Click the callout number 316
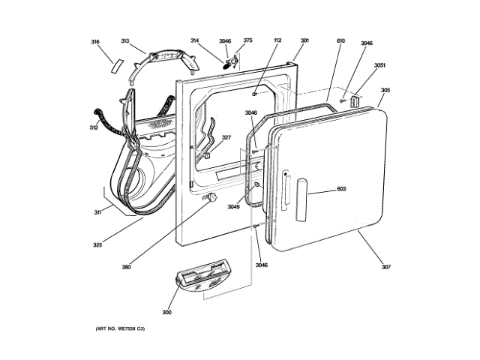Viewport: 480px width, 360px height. click(x=95, y=42)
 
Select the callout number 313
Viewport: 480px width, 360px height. click(x=125, y=42)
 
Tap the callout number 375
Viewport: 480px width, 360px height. click(x=247, y=41)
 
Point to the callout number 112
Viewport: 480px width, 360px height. click(x=277, y=41)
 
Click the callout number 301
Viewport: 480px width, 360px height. click(x=304, y=41)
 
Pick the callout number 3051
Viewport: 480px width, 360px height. click(x=380, y=66)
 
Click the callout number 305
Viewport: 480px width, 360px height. click(x=385, y=91)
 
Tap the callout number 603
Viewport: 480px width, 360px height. click(x=341, y=189)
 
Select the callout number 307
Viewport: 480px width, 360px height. click(x=386, y=267)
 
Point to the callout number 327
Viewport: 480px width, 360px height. click(x=226, y=137)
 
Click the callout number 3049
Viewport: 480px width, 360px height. click(x=234, y=207)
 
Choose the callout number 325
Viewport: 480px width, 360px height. click(x=97, y=244)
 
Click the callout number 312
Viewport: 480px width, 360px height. click(x=94, y=128)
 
